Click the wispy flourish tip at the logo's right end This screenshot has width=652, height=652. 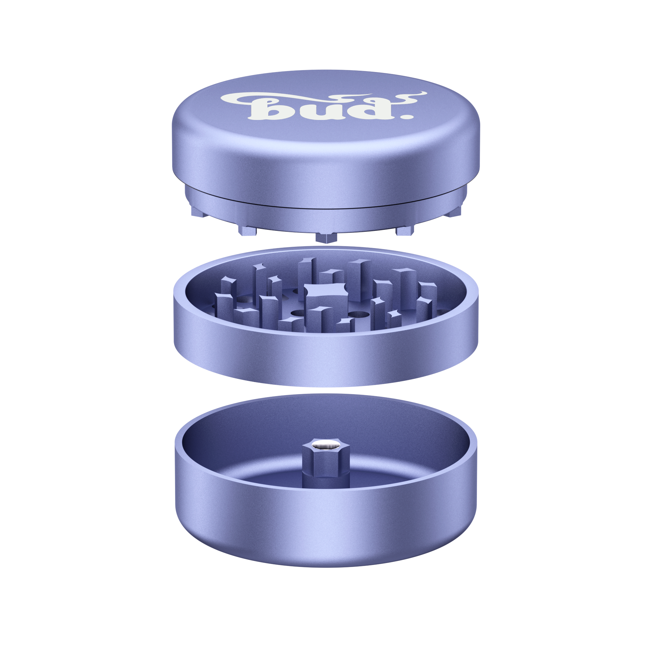coord(421,93)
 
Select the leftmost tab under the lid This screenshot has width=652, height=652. coord(199,212)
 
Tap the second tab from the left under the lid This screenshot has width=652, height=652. coord(247,230)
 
